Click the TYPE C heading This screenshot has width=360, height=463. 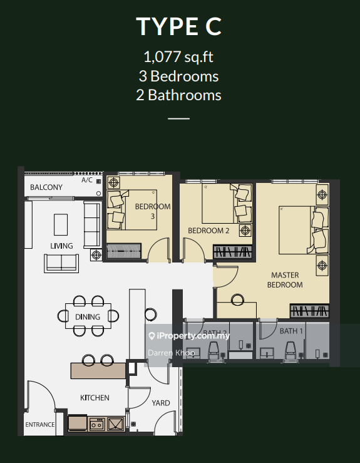(x=178, y=26)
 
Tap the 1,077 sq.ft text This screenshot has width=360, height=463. (x=178, y=56)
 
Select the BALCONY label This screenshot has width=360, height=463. (x=46, y=187)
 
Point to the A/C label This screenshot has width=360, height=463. (x=87, y=180)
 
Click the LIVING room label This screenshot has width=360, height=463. (x=61, y=246)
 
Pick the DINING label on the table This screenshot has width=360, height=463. (x=88, y=317)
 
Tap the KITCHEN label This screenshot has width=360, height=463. (x=95, y=398)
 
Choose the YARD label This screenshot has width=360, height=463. (x=161, y=403)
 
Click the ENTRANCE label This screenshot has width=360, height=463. (x=40, y=424)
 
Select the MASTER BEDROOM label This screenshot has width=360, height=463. (x=285, y=280)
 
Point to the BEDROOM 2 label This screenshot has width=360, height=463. (x=208, y=231)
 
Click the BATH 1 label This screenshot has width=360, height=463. (x=291, y=331)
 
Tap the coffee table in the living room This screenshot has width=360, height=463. (x=61, y=225)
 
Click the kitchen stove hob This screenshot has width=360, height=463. (x=97, y=424)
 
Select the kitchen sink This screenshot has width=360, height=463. (x=116, y=424)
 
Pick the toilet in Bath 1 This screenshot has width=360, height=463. (x=290, y=350)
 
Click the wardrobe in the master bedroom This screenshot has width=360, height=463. (x=309, y=311)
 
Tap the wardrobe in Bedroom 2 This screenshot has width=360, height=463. (x=232, y=252)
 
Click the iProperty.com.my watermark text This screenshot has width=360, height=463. (x=189, y=336)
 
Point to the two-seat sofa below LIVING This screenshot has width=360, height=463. (x=61, y=263)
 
